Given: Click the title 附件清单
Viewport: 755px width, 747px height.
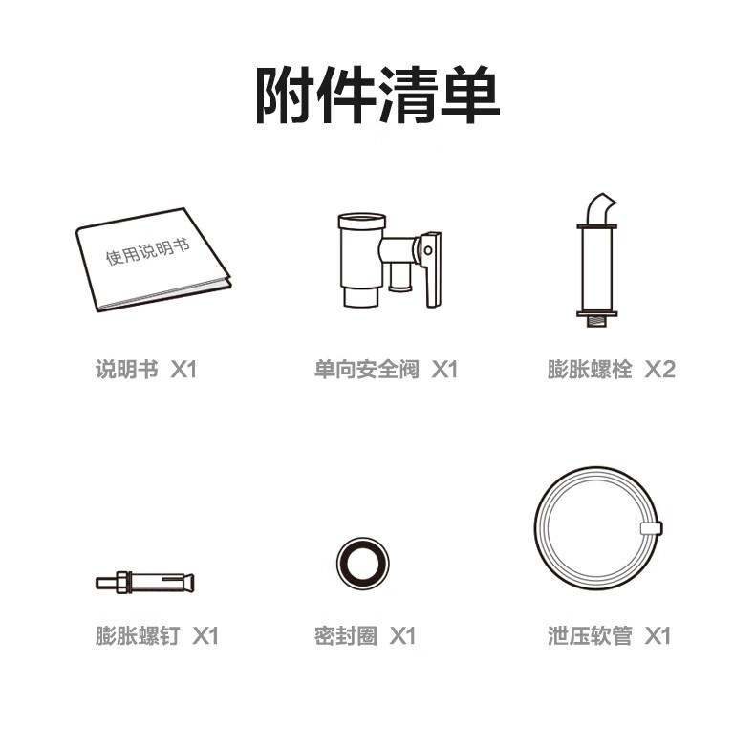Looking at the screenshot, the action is click(377, 95).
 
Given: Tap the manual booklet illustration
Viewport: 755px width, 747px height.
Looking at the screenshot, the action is click(153, 260).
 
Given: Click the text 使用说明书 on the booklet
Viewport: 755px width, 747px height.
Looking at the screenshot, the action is click(148, 251).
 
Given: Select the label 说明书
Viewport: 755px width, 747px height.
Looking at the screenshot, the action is click(127, 370).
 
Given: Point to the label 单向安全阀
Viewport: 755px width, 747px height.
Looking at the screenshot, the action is click(366, 370).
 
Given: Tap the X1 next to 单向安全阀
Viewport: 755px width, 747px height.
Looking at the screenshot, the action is click(444, 370).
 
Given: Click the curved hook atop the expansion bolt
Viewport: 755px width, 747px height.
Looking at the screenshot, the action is click(600, 208).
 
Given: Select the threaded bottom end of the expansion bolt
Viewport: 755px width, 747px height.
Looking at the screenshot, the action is click(596, 322).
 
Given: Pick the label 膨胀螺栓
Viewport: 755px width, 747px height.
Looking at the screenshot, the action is click(590, 370).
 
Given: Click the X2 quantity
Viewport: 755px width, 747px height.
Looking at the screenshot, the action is click(659, 370).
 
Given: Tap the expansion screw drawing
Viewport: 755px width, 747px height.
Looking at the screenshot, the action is click(145, 583).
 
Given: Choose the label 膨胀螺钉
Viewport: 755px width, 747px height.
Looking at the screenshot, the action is click(138, 635).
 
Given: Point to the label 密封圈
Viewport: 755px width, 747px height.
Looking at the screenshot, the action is click(346, 635).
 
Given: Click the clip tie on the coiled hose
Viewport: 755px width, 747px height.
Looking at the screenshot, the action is click(652, 528).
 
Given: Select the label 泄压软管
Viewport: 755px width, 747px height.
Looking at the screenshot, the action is click(590, 635).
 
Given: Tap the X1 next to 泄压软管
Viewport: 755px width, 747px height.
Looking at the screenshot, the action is click(658, 635).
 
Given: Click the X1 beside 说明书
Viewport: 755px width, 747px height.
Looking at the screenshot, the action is click(183, 370).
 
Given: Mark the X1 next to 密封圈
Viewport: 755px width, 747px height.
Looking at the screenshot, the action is click(402, 635).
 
